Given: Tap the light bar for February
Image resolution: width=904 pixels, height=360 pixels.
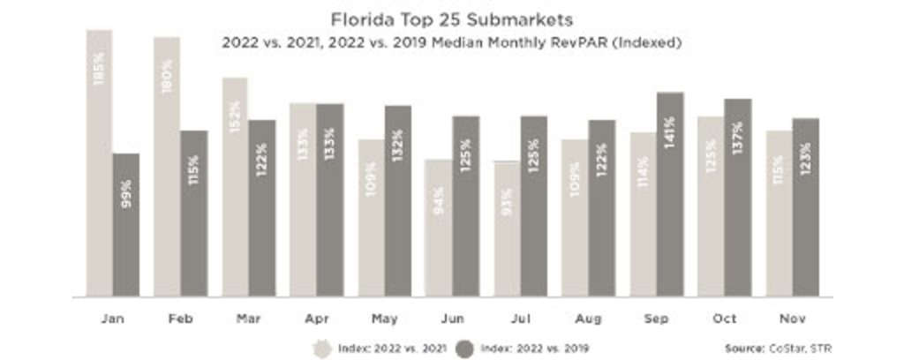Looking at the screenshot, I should (167, 167).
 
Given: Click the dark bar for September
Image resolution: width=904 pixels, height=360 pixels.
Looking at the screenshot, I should (670, 194).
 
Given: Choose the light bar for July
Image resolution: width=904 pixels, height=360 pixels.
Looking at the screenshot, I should (507, 229).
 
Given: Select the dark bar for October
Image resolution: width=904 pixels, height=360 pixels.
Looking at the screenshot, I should (738, 198).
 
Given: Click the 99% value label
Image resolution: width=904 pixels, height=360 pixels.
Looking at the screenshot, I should (126, 192).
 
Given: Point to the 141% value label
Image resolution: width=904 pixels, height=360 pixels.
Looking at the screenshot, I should (670, 133).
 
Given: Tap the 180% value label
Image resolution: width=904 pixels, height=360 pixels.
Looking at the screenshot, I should (167, 77).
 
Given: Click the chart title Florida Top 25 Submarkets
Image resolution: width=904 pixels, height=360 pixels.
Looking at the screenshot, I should (451, 19).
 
